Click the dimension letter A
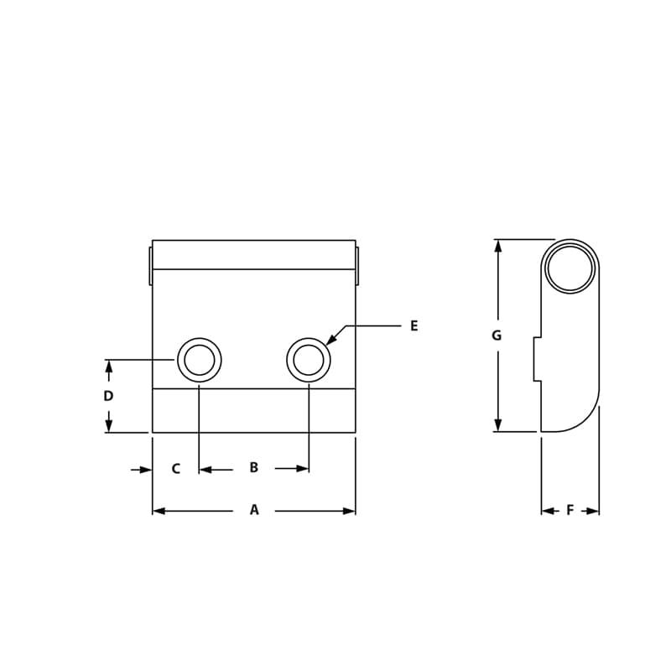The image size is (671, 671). pyautogui.click(x=254, y=510)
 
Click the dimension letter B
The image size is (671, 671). pyautogui.click(x=254, y=468)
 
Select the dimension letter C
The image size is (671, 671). pyautogui.click(x=175, y=469)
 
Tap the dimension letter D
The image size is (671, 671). pyautogui.click(x=108, y=396)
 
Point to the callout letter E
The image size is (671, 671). pyautogui.click(x=414, y=326)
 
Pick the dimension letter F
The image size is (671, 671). pyautogui.click(x=570, y=510)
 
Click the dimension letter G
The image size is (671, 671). pyautogui.click(x=497, y=335)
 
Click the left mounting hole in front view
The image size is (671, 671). pyautogui.click(x=200, y=360)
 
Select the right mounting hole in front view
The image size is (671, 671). pyautogui.click(x=309, y=360)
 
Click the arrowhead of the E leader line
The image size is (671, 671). pyautogui.click(x=330, y=340)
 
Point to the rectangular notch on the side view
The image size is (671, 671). pyautogui.click(x=537, y=359)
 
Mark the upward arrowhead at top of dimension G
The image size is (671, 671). pyautogui.click(x=498, y=246)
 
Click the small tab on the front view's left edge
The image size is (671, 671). pyautogui.click(x=151, y=265)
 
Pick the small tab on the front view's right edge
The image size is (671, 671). pyautogui.click(x=357, y=265)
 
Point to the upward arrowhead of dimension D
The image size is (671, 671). pyautogui.click(x=108, y=366)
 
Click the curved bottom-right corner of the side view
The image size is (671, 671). pyautogui.click(x=587, y=416)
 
